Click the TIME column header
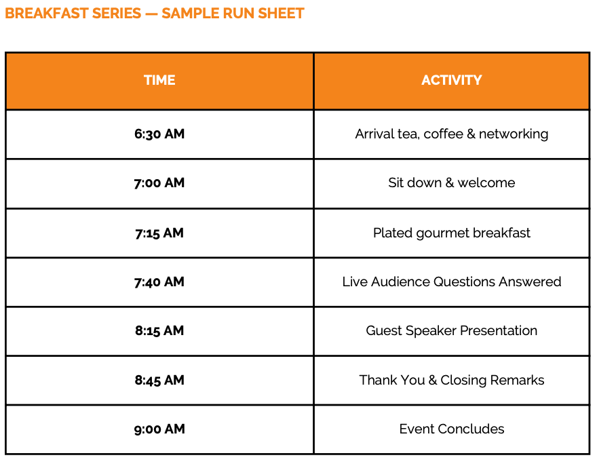pyautogui.click(x=159, y=80)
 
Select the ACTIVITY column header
pyautogui.click(x=452, y=80)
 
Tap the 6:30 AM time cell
pyautogui.click(x=159, y=134)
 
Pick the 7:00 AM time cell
pyautogui.click(x=159, y=183)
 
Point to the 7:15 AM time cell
pyautogui.click(x=159, y=233)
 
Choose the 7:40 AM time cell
pyautogui.click(x=159, y=282)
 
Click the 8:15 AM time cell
pyautogui.click(x=159, y=331)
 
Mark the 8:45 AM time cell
pyautogui.click(x=159, y=381)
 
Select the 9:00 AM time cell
pyautogui.click(x=159, y=429)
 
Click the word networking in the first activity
pyautogui.click(x=514, y=134)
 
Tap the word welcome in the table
pyautogui.click(x=486, y=183)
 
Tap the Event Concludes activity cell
pyautogui.click(x=452, y=429)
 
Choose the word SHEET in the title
pyautogui.click(x=281, y=14)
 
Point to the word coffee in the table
pyautogui.click(x=443, y=134)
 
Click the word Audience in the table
pyautogui.click(x=400, y=282)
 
